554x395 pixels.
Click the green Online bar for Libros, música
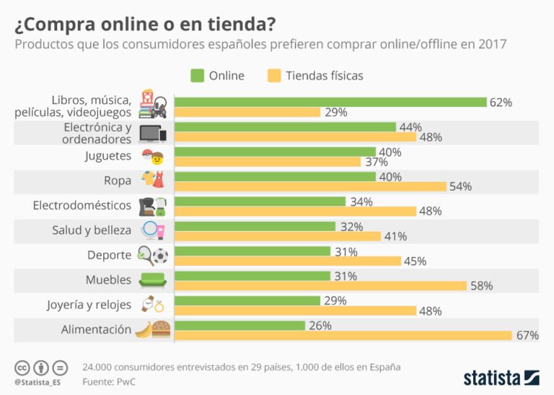click(330, 102)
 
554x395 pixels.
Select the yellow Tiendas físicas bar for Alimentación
click(343, 335)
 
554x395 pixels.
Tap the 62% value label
click(501, 103)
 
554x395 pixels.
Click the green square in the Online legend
click(196, 76)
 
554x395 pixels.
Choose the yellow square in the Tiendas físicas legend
click(273, 76)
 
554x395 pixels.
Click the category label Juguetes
click(107, 156)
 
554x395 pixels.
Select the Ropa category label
click(117, 181)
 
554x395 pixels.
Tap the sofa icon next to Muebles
click(151, 280)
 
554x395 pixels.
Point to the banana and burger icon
click(151, 330)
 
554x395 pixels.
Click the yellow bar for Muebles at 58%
click(320, 286)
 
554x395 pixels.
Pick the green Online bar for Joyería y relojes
click(247, 300)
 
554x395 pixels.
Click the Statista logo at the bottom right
click(501, 377)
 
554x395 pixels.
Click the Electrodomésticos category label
click(82, 206)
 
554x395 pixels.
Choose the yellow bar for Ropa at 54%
click(310, 186)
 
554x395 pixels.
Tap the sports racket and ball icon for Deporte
click(151, 255)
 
